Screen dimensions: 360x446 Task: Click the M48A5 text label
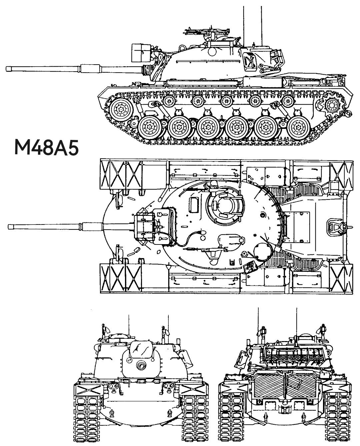click(47, 148)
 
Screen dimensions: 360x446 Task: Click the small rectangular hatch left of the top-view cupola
click(193, 204)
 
